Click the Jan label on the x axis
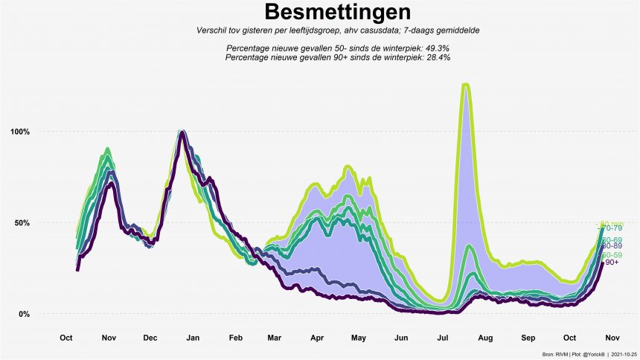(193, 338)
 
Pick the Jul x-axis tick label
(444, 338)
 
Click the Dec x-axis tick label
(150, 338)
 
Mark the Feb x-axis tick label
(236, 338)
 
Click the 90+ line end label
(612, 262)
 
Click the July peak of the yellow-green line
(466, 85)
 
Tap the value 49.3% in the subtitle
(436, 48)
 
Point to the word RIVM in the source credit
(557, 354)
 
